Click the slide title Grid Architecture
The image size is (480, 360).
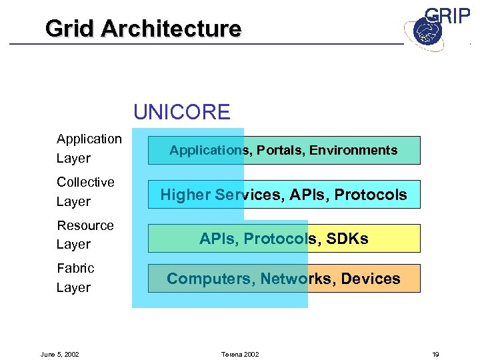point(143,29)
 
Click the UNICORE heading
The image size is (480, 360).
point(181,111)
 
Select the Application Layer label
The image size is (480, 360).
point(89,148)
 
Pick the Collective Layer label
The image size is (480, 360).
point(85,191)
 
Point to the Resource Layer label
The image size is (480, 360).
point(85,235)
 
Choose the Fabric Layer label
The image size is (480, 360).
point(75,277)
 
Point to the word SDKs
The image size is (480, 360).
point(347,239)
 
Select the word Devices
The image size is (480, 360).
point(370,279)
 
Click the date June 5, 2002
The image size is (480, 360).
point(60,354)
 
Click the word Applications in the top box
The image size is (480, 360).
point(209,151)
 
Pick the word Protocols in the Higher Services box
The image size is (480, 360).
point(371,195)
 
